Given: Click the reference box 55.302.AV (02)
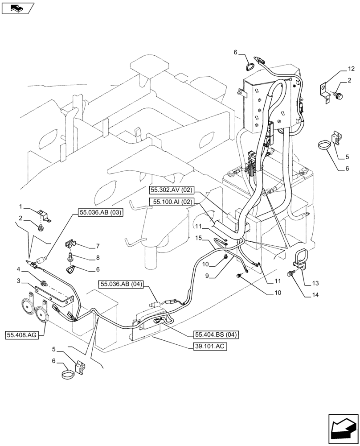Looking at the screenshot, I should click(172, 190).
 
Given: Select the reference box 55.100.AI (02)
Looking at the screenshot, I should click(172, 202).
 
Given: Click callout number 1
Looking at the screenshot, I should click(21, 206).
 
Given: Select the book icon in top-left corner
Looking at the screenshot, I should click(18, 8).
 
